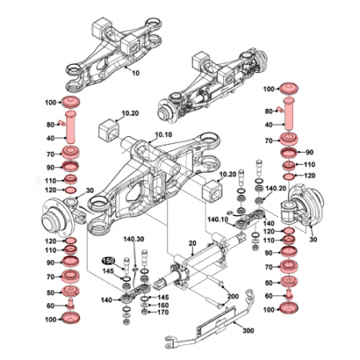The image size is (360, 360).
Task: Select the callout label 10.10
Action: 163,135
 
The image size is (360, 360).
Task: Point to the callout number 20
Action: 192,242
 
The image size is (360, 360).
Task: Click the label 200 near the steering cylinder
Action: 233,296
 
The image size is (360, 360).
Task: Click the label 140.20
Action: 276,189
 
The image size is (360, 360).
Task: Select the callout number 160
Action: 162,306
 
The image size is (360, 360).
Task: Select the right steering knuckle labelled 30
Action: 305,210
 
